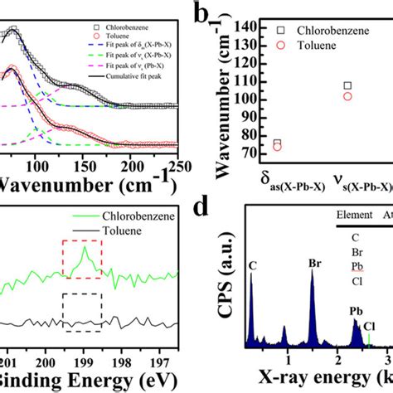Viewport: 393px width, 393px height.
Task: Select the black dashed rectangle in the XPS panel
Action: (x=82, y=312)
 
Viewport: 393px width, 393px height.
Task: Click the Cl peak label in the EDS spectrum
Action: (x=368, y=327)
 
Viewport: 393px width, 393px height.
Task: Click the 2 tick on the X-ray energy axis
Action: (x=338, y=358)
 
